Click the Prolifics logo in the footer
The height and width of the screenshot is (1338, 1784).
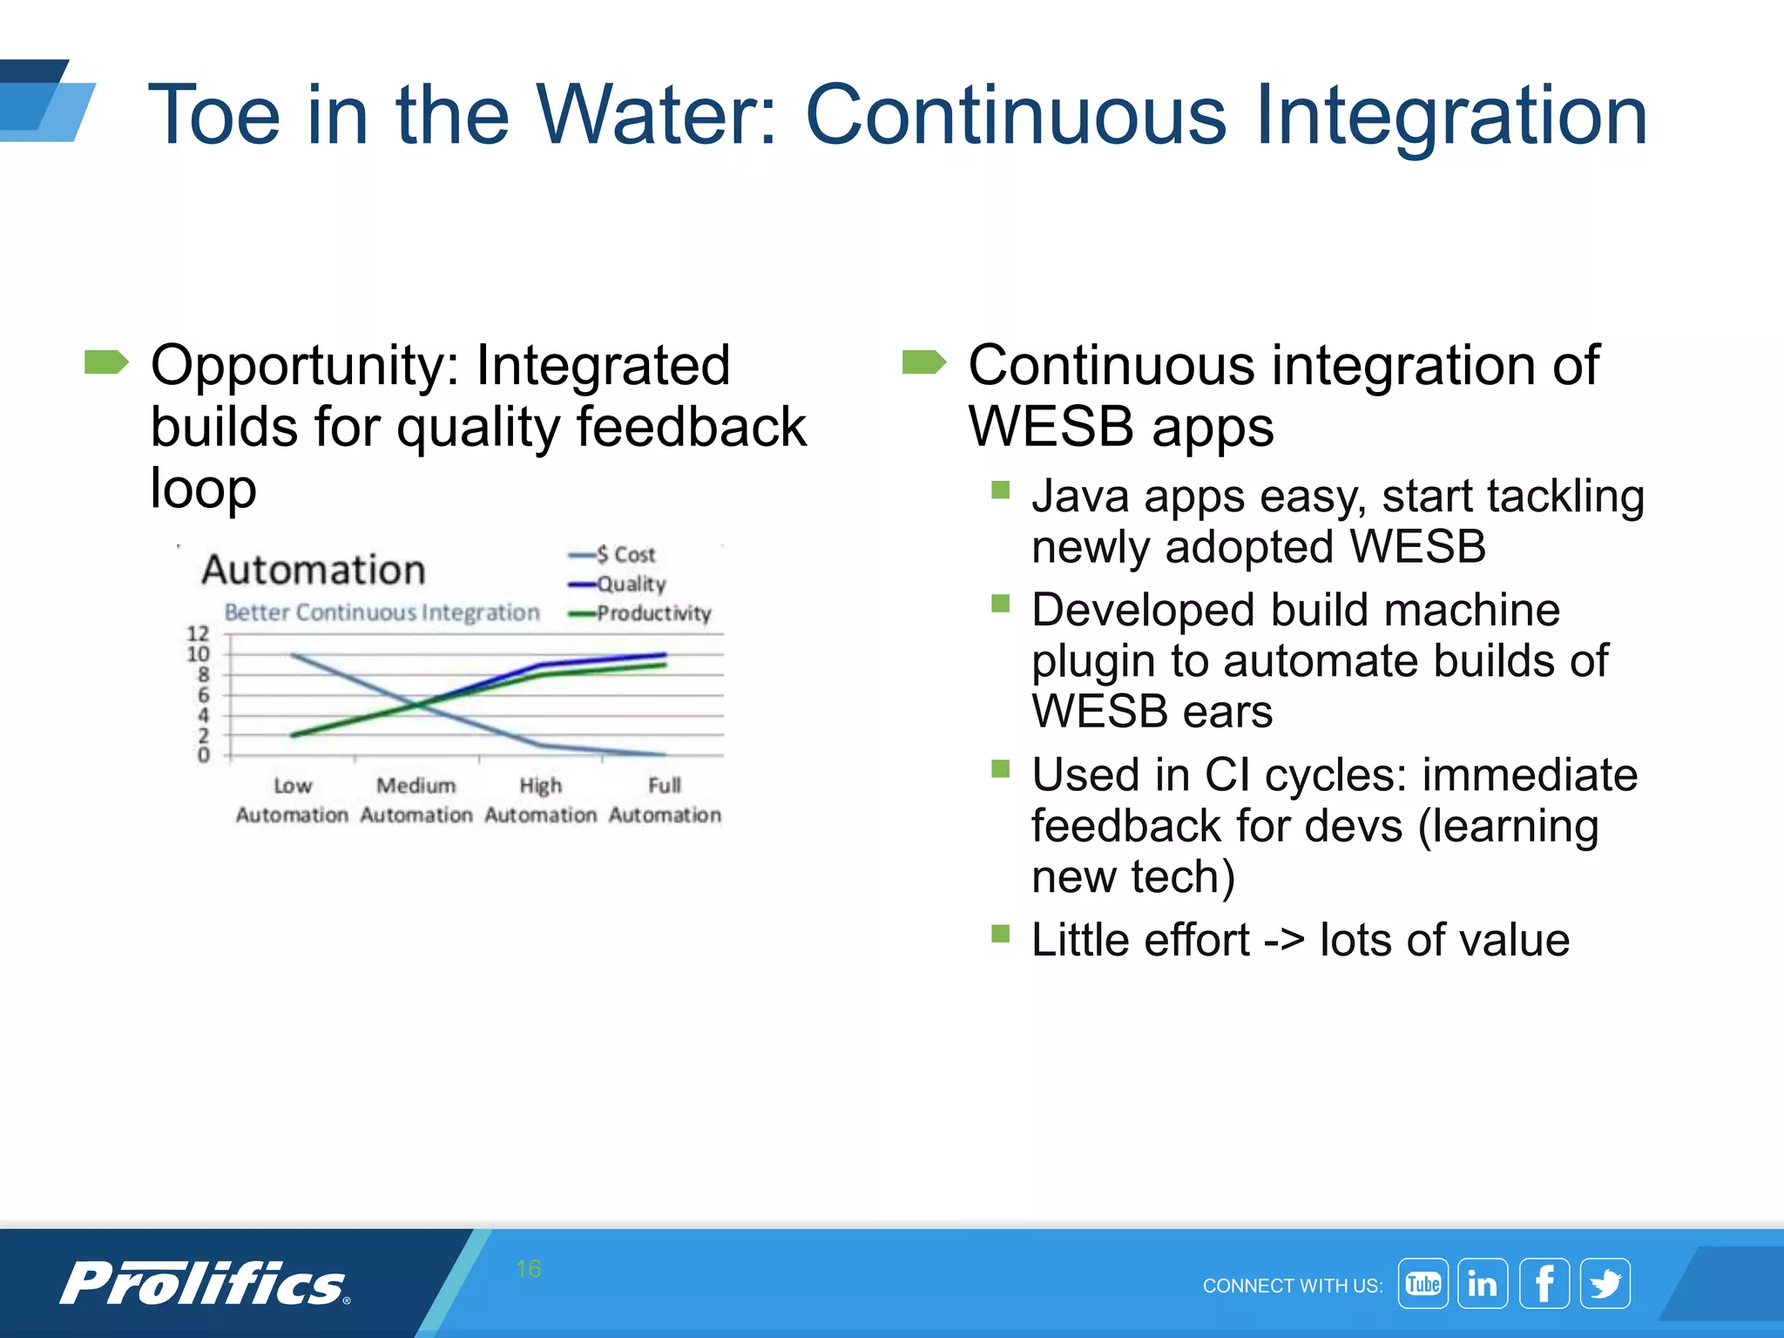pos(204,1283)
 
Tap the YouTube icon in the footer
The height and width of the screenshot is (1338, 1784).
pos(1422,1283)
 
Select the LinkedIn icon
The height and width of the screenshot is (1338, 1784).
pos(1483,1283)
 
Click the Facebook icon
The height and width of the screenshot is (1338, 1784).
pos(1544,1283)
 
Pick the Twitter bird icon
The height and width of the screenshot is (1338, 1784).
pos(1605,1283)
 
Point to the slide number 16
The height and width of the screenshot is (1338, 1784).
pos(528,1268)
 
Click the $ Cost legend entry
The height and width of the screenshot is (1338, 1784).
pos(624,555)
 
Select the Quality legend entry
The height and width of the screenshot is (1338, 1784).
pos(629,584)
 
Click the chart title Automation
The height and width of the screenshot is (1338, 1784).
pos(314,570)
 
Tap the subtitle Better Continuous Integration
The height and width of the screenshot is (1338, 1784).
pos(382,612)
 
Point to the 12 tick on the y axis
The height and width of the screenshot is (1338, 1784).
pos(199,633)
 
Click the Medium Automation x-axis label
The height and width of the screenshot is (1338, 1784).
pos(416,800)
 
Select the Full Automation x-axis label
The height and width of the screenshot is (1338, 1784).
pos(665,800)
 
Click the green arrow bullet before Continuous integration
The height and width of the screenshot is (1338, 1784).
pos(923,362)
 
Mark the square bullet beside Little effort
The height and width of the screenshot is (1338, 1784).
pos(1000,935)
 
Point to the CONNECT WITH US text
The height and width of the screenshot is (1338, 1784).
pos(1292,1286)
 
